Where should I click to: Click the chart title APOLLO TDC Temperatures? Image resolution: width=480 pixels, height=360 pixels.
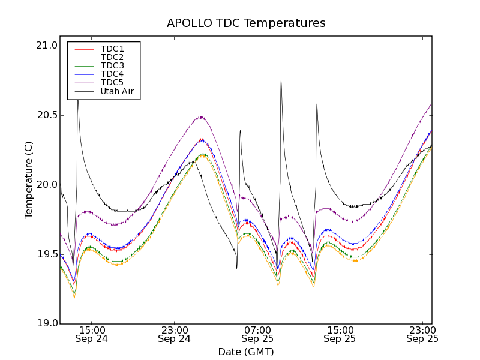click(246, 23)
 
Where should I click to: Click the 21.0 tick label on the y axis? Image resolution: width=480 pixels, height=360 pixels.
click(46, 46)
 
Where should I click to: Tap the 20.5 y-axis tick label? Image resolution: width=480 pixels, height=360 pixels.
click(46, 115)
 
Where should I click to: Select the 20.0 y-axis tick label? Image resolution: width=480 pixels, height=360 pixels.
click(46, 185)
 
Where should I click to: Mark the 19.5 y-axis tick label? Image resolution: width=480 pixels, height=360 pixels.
click(46, 254)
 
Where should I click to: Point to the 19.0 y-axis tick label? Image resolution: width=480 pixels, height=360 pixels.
click(46, 324)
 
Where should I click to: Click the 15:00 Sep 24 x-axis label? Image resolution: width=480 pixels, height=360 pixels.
click(92, 334)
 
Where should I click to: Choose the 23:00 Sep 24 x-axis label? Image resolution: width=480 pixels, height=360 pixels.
click(175, 334)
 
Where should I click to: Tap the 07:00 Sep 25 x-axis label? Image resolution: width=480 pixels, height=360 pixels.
click(257, 334)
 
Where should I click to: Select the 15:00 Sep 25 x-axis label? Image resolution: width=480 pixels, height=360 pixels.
click(340, 334)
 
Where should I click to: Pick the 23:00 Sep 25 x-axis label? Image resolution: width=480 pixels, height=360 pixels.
click(422, 334)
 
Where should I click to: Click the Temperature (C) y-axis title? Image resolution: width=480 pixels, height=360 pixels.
click(29, 180)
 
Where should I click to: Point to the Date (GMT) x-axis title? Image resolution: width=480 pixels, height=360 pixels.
click(246, 352)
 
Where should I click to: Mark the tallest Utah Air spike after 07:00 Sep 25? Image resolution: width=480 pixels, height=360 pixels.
click(281, 80)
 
